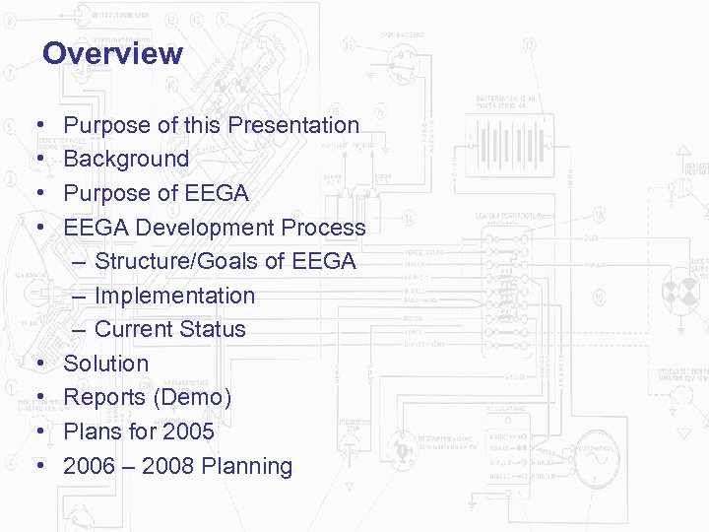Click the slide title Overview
(112, 53)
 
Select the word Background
(126, 159)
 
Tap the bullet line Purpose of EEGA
(156, 193)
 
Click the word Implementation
(174, 296)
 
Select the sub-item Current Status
(169, 329)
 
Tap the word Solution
(105, 364)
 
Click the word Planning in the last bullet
(247, 466)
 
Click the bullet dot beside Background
(38, 160)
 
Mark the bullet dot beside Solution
(38, 365)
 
